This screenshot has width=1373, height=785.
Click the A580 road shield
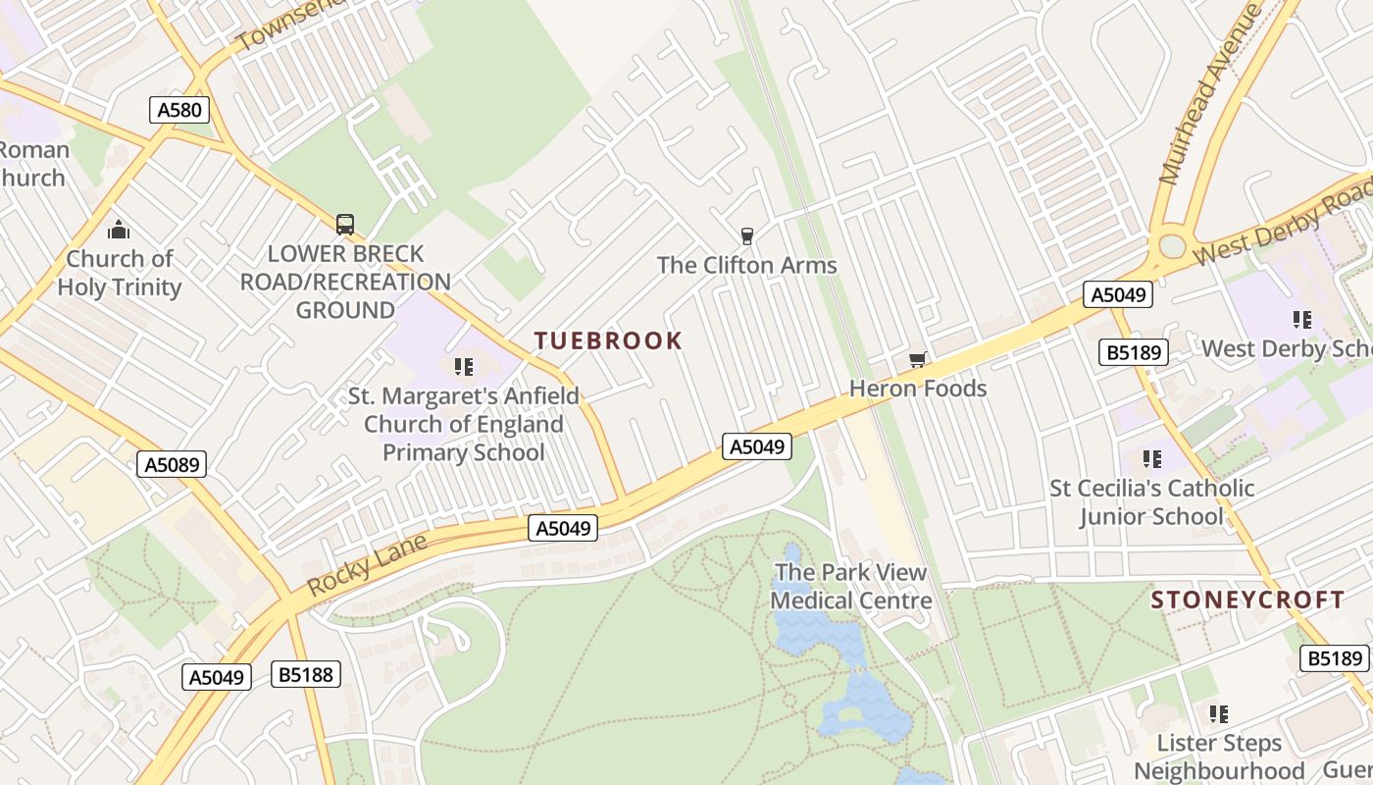click(180, 109)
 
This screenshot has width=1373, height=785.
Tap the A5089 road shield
click(172, 464)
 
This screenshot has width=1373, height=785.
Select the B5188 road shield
click(306, 674)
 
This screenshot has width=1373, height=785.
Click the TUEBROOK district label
click(608, 340)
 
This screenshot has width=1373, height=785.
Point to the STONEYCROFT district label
click(1247, 600)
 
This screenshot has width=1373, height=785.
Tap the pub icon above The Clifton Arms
click(747, 235)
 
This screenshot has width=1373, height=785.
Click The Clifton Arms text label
click(747, 265)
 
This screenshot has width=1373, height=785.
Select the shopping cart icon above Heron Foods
click(917, 359)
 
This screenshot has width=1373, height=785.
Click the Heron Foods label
click(918, 389)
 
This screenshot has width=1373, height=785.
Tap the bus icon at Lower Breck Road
click(345, 225)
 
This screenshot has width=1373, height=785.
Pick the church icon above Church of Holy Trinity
click(119, 231)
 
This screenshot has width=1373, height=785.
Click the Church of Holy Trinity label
click(120, 273)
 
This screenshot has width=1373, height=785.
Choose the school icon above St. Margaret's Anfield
click(464, 367)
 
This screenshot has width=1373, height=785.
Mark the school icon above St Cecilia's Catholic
click(1152, 458)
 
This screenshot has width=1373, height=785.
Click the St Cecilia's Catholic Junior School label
click(1152, 501)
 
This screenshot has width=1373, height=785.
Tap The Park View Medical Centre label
click(851, 586)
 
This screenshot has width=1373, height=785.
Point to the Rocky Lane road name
click(367, 565)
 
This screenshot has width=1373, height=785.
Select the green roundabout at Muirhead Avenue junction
click(1172, 245)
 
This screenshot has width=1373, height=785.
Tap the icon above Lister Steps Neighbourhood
click(1219, 713)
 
